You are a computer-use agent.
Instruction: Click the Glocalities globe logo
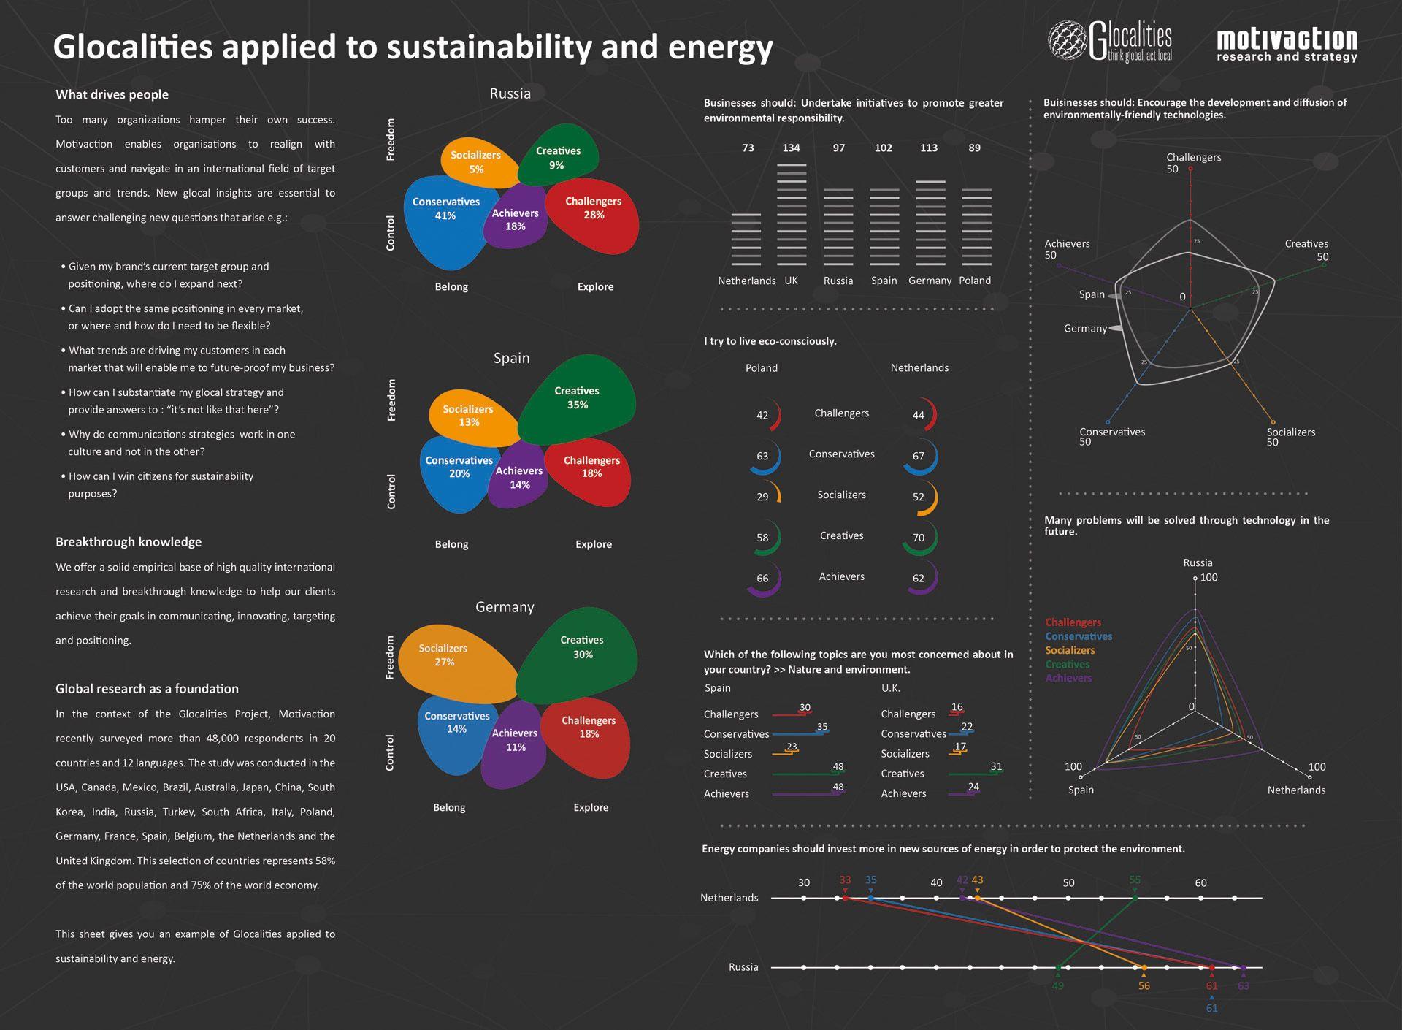click(1067, 39)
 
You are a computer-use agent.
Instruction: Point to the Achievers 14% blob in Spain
click(518, 478)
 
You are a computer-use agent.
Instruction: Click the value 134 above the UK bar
click(791, 148)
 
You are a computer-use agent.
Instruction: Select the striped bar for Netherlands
click(746, 240)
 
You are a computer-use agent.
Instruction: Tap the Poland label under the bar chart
click(975, 281)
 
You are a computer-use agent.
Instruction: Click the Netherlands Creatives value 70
click(919, 538)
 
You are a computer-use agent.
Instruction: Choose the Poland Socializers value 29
click(762, 497)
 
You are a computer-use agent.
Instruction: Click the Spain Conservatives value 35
click(822, 727)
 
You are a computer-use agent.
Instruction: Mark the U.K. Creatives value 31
click(996, 766)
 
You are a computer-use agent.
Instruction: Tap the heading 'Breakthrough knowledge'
click(129, 542)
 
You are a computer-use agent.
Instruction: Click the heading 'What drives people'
click(112, 94)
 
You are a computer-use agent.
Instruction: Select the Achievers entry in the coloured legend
click(1068, 678)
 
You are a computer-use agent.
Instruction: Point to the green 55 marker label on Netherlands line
click(1135, 880)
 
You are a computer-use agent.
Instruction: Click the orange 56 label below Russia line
click(1144, 986)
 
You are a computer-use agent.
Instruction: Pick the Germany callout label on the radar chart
click(1085, 329)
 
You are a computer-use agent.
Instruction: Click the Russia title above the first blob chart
click(510, 94)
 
